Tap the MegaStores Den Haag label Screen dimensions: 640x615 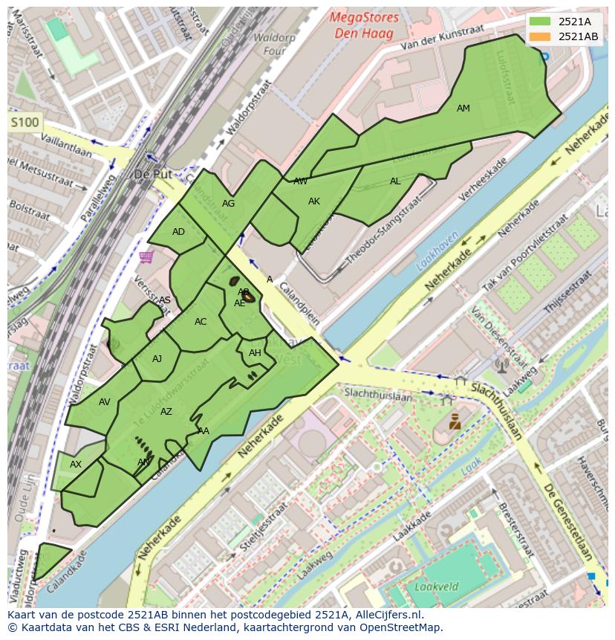click(x=364, y=25)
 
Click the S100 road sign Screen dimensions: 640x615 click(x=25, y=122)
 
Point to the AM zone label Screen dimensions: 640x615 click(x=463, y=109)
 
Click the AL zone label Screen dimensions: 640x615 click(x=395, y=181)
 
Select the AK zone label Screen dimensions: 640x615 click(x=314, y=201)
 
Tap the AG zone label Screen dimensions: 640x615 click(x=228, y=204)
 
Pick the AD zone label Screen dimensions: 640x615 click(x=178, y=232)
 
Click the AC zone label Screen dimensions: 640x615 click(x=201, y=322)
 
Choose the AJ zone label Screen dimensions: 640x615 click(x=157, y=359)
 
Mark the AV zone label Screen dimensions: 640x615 click(x=105, y=402)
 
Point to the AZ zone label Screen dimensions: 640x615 click(x=166, y=412)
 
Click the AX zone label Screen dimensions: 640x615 click(x=76, y=465)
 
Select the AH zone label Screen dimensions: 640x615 click(x=255, y=353)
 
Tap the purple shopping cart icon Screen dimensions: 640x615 click(x=146, y=256)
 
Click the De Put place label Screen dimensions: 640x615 click(x=152, y=175)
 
